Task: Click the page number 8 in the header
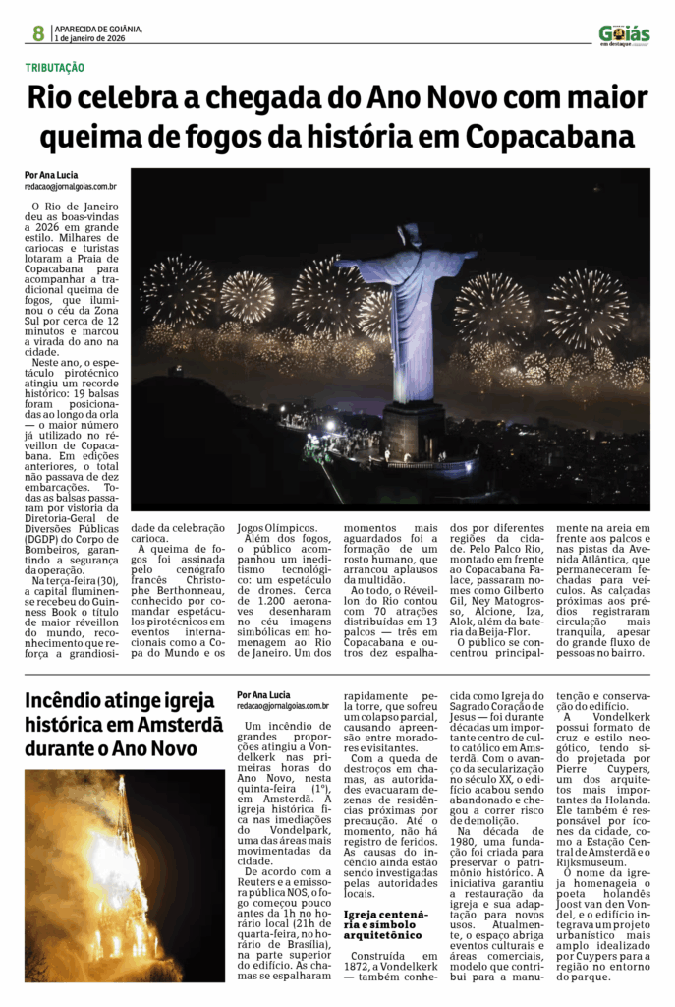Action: tap(38, 33)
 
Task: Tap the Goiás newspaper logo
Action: tap(624, 34)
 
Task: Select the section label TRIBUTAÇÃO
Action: tap(55, 67)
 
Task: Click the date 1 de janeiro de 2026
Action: tap(90, 38)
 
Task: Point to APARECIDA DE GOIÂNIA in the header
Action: tap(98, 29)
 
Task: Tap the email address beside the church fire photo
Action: tap(283, 705)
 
